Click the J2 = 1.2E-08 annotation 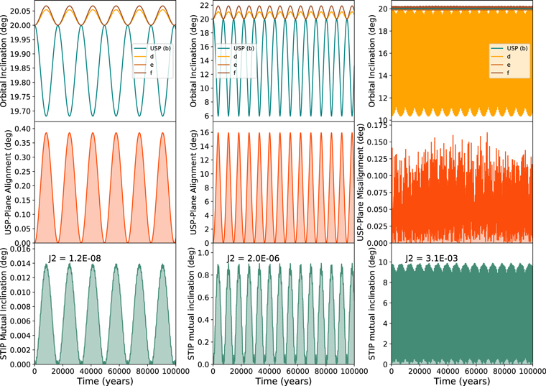coord(75,258)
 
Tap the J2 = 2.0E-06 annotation coord(253,258)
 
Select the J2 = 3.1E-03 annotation coord(432,258)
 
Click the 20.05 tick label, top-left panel coord(20,12)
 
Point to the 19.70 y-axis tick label coord(20,111)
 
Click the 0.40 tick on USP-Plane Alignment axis coord(23,129)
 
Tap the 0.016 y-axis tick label coord(21,249)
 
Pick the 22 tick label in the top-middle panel coord(205,5)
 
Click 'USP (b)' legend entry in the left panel coord(160,48)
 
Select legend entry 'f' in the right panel coord(508,73)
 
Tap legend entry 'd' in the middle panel coord(235,57)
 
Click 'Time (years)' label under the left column coord(105,381)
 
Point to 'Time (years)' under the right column coord(462,381)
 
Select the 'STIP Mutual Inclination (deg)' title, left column coord(4,304)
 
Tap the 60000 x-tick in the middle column coord(299,372)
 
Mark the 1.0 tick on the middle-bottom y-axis coord(205,252)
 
